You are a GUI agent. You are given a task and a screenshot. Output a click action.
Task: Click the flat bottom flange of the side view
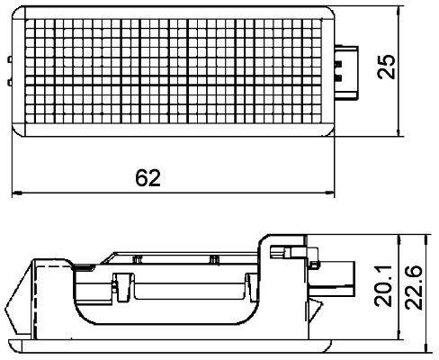(x=171, y=343)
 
